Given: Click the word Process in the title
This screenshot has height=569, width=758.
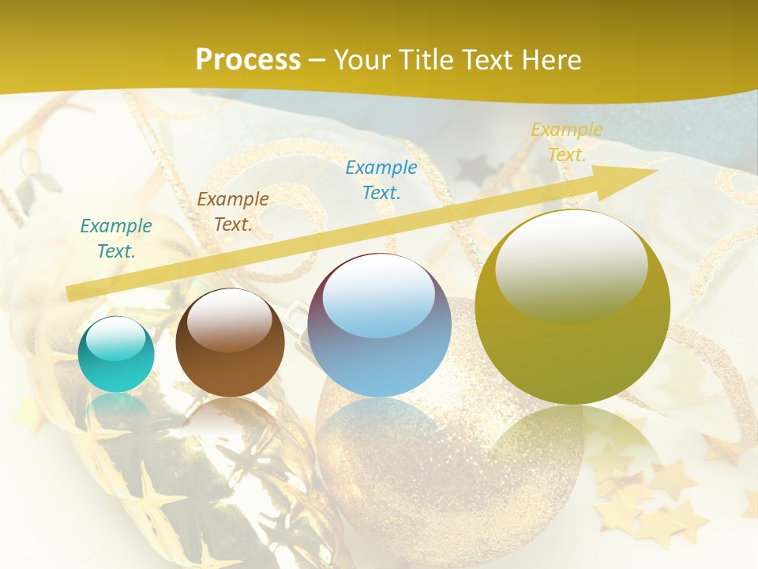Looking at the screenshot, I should click(x=248, y=60).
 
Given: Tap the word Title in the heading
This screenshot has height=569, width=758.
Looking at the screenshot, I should click(x=426, y=60).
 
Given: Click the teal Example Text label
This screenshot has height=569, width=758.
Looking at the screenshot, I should click(x=116, y=239).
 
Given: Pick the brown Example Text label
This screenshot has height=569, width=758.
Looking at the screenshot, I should click(x=233, y=212).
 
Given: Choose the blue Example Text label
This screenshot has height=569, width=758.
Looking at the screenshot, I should click(x=381, y=179).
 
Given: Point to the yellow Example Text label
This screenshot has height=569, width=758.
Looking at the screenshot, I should click(x=567, y=142).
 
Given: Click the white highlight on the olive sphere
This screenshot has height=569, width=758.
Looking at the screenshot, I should click(x=571, y=265).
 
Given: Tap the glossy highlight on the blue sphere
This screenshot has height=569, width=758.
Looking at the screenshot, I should click(x=378, y=296).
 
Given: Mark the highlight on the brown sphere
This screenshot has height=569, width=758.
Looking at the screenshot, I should click(x=230, y=318).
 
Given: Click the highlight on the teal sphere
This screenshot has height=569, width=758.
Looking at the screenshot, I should click(x=116, y=338).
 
